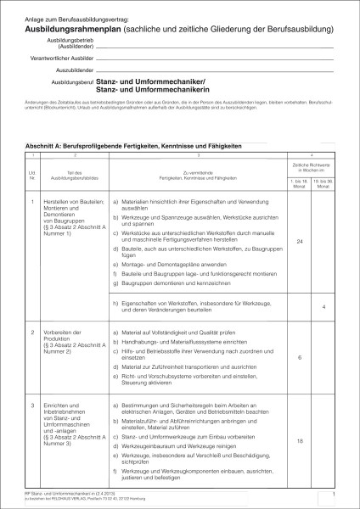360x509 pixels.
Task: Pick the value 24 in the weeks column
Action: pos(300,242)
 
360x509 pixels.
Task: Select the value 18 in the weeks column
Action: pos(300,442)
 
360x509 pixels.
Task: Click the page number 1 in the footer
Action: pos(335,492)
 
